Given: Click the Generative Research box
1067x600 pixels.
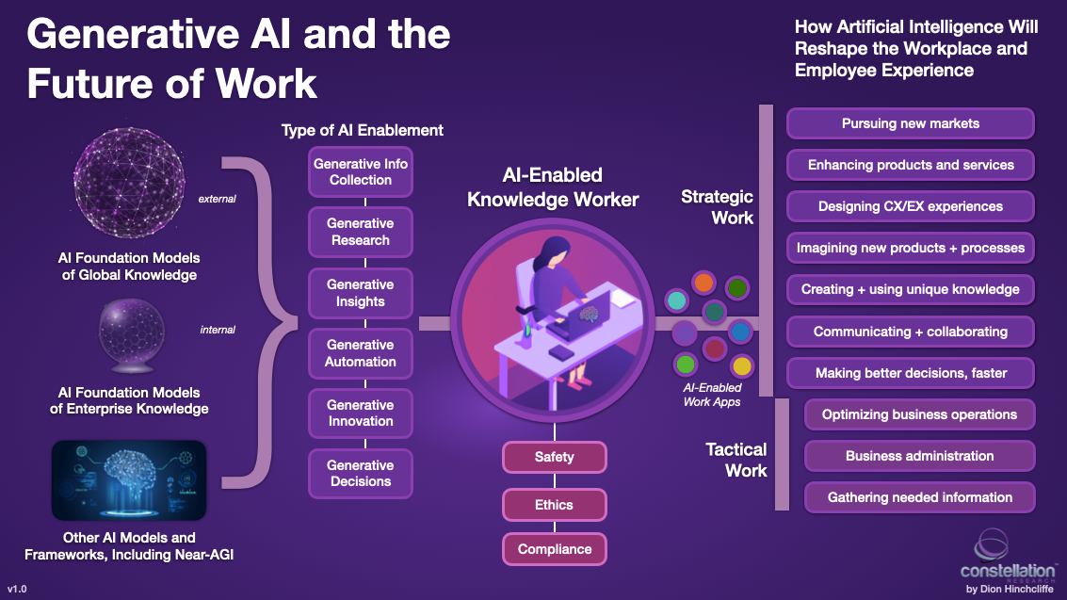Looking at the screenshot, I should click(360, 232).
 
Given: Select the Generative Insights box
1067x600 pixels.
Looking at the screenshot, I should click(360, 292).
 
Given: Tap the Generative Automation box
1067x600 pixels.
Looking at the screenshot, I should click(360, 352).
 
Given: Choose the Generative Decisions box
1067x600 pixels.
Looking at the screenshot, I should click(360, 473).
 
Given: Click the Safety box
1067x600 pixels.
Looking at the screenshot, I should click(554, 457).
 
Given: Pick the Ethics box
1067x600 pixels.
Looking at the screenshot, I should click(554, 504).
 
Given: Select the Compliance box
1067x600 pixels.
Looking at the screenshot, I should click(554, 548).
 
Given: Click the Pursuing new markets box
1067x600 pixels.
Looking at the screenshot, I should click(910, 123).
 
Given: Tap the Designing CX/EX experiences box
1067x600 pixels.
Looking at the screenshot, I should click(910, 206).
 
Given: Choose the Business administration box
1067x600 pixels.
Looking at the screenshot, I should click(919, 456).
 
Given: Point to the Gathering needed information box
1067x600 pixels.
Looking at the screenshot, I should click(919, 497).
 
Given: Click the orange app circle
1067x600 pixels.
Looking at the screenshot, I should click(703, 282).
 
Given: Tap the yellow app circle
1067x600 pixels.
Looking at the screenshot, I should click(741, 365).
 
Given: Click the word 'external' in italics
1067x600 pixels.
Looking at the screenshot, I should click(217, 200).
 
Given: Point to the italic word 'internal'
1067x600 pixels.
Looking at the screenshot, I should click(218, 330).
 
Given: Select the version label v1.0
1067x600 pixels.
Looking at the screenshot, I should click(18, 588).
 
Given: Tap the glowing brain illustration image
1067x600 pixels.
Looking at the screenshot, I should click(128, 480).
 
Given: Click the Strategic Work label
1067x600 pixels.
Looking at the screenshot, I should click(718, 207).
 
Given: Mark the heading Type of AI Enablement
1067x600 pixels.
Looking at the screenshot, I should click(363, 130).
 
